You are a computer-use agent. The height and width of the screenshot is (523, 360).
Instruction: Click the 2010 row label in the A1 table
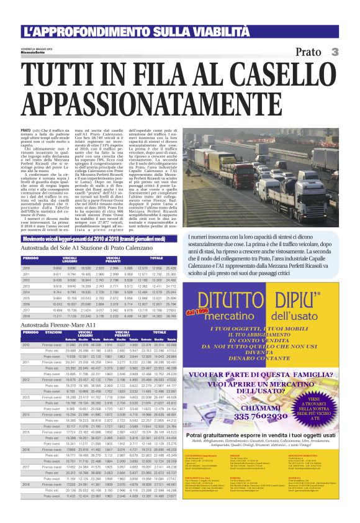tap(26, 268)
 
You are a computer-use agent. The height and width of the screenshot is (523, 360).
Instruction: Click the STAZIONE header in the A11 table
tap(53, 333)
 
